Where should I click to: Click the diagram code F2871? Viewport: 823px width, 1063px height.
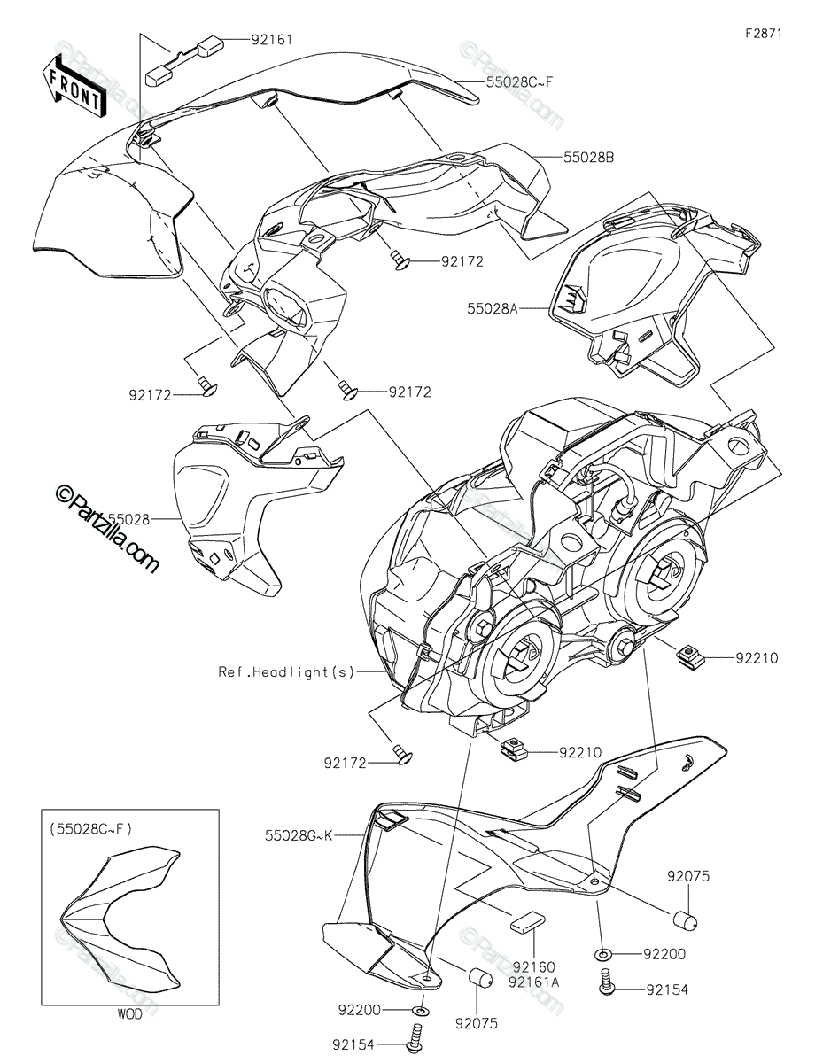(764, 34)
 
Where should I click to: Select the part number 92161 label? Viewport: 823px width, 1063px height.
(271, 40)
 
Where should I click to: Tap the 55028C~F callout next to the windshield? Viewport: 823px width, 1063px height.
(519, 81)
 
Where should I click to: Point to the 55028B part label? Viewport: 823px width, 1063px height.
(589, 158)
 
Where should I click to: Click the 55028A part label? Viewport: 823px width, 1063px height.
(492, 309)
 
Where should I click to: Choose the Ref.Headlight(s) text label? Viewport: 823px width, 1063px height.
(285, 671)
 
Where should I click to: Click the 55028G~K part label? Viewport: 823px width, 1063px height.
(299, 835)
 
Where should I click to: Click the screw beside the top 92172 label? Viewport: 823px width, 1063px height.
(399, 260)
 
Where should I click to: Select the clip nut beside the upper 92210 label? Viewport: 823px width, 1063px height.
(690, 655)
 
